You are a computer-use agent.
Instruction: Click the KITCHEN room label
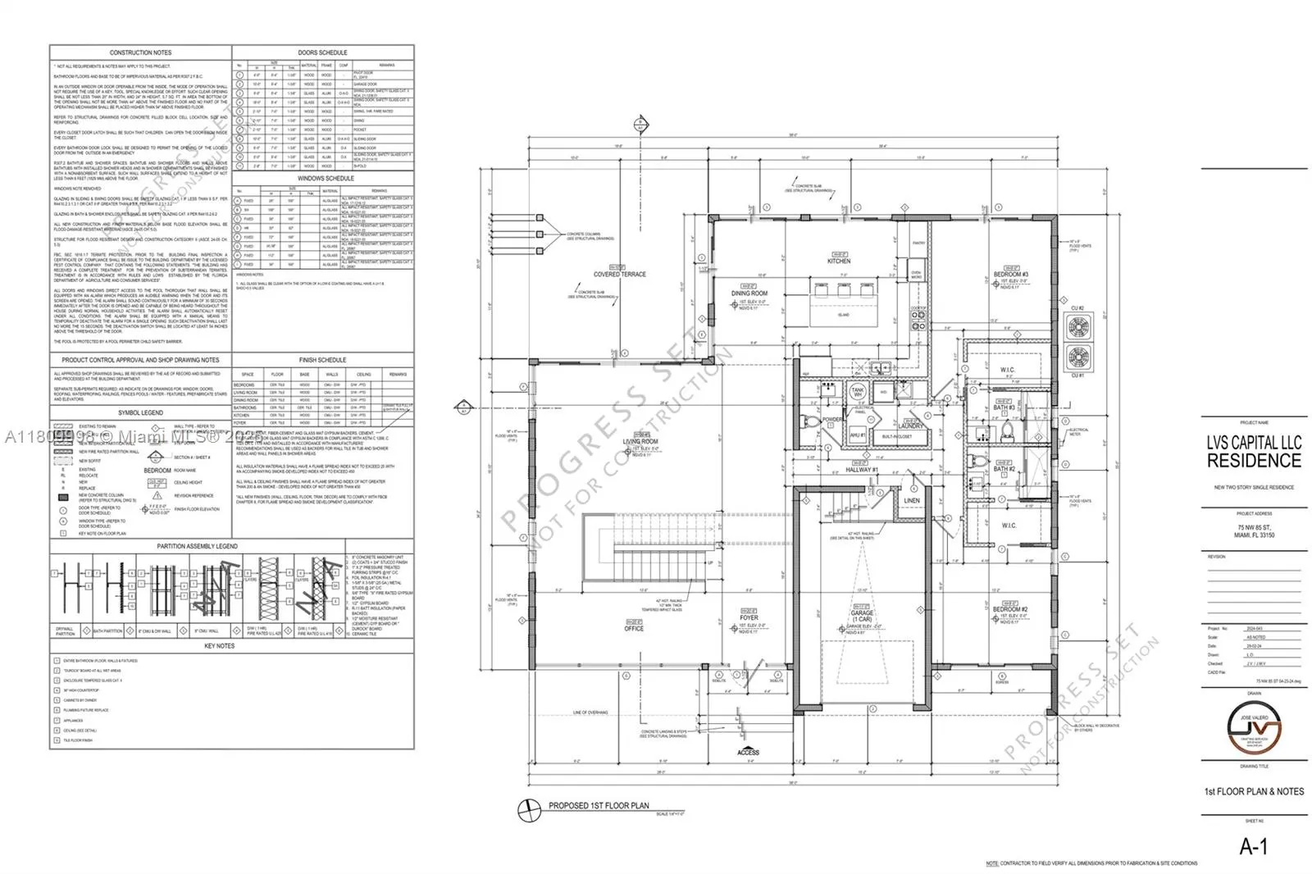coord(839,262)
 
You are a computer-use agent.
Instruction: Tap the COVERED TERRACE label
coord(620,275)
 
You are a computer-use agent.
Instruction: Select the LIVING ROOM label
coord(640,442)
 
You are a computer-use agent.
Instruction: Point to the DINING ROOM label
coord(749,293)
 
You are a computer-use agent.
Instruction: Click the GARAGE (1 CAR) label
coord(862,616)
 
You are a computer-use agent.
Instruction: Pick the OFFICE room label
coord(634,628)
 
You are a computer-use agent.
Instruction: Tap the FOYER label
coord(749,618)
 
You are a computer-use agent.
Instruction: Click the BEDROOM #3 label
coord(1010,275)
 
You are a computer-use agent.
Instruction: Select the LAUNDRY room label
coord(911,426)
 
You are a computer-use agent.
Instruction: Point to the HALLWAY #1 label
coord(862,470)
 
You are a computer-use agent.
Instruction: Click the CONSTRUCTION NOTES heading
coord(141,52)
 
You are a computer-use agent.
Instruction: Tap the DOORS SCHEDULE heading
coord(322,52)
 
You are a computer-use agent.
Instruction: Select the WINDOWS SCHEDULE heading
coord(326,178)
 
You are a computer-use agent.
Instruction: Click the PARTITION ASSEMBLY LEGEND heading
coord(198,546)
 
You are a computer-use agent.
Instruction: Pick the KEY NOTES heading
coord(219,646)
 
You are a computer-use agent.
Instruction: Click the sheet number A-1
coord(1253,847)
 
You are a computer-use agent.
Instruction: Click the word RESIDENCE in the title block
coord(1254,461)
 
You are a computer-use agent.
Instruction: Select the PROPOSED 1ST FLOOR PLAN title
coord(599,805)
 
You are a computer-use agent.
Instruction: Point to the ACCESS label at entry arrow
coord(748,752)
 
